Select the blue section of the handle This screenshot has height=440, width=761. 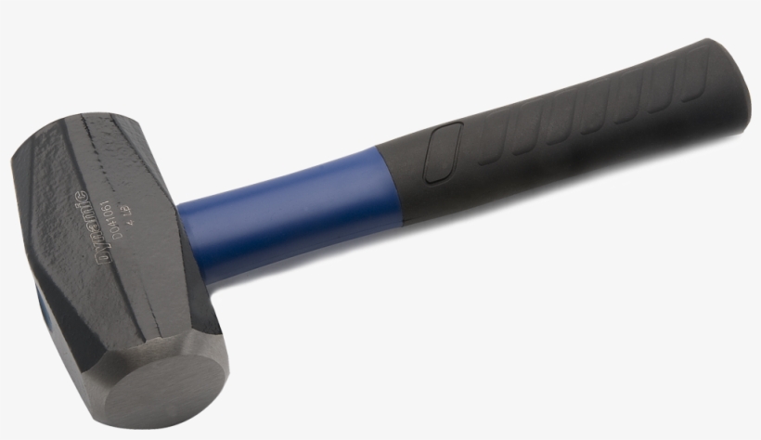278,214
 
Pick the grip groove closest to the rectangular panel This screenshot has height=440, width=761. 489,149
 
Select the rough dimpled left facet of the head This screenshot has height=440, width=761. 42,214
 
